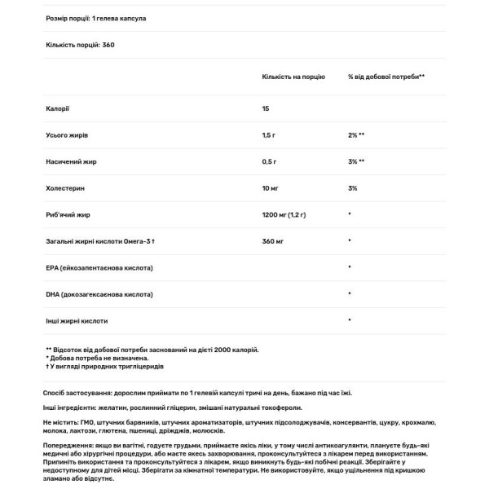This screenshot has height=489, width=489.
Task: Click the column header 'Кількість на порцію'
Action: [292, 76]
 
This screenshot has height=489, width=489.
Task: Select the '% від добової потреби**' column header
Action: [385, 76]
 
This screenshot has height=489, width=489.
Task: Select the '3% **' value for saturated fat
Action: [355, 161]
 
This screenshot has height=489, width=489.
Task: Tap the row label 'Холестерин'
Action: [66, 188]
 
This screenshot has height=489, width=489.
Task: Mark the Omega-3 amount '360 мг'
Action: [273, 241]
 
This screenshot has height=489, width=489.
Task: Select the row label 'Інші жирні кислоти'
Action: [77, 320]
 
